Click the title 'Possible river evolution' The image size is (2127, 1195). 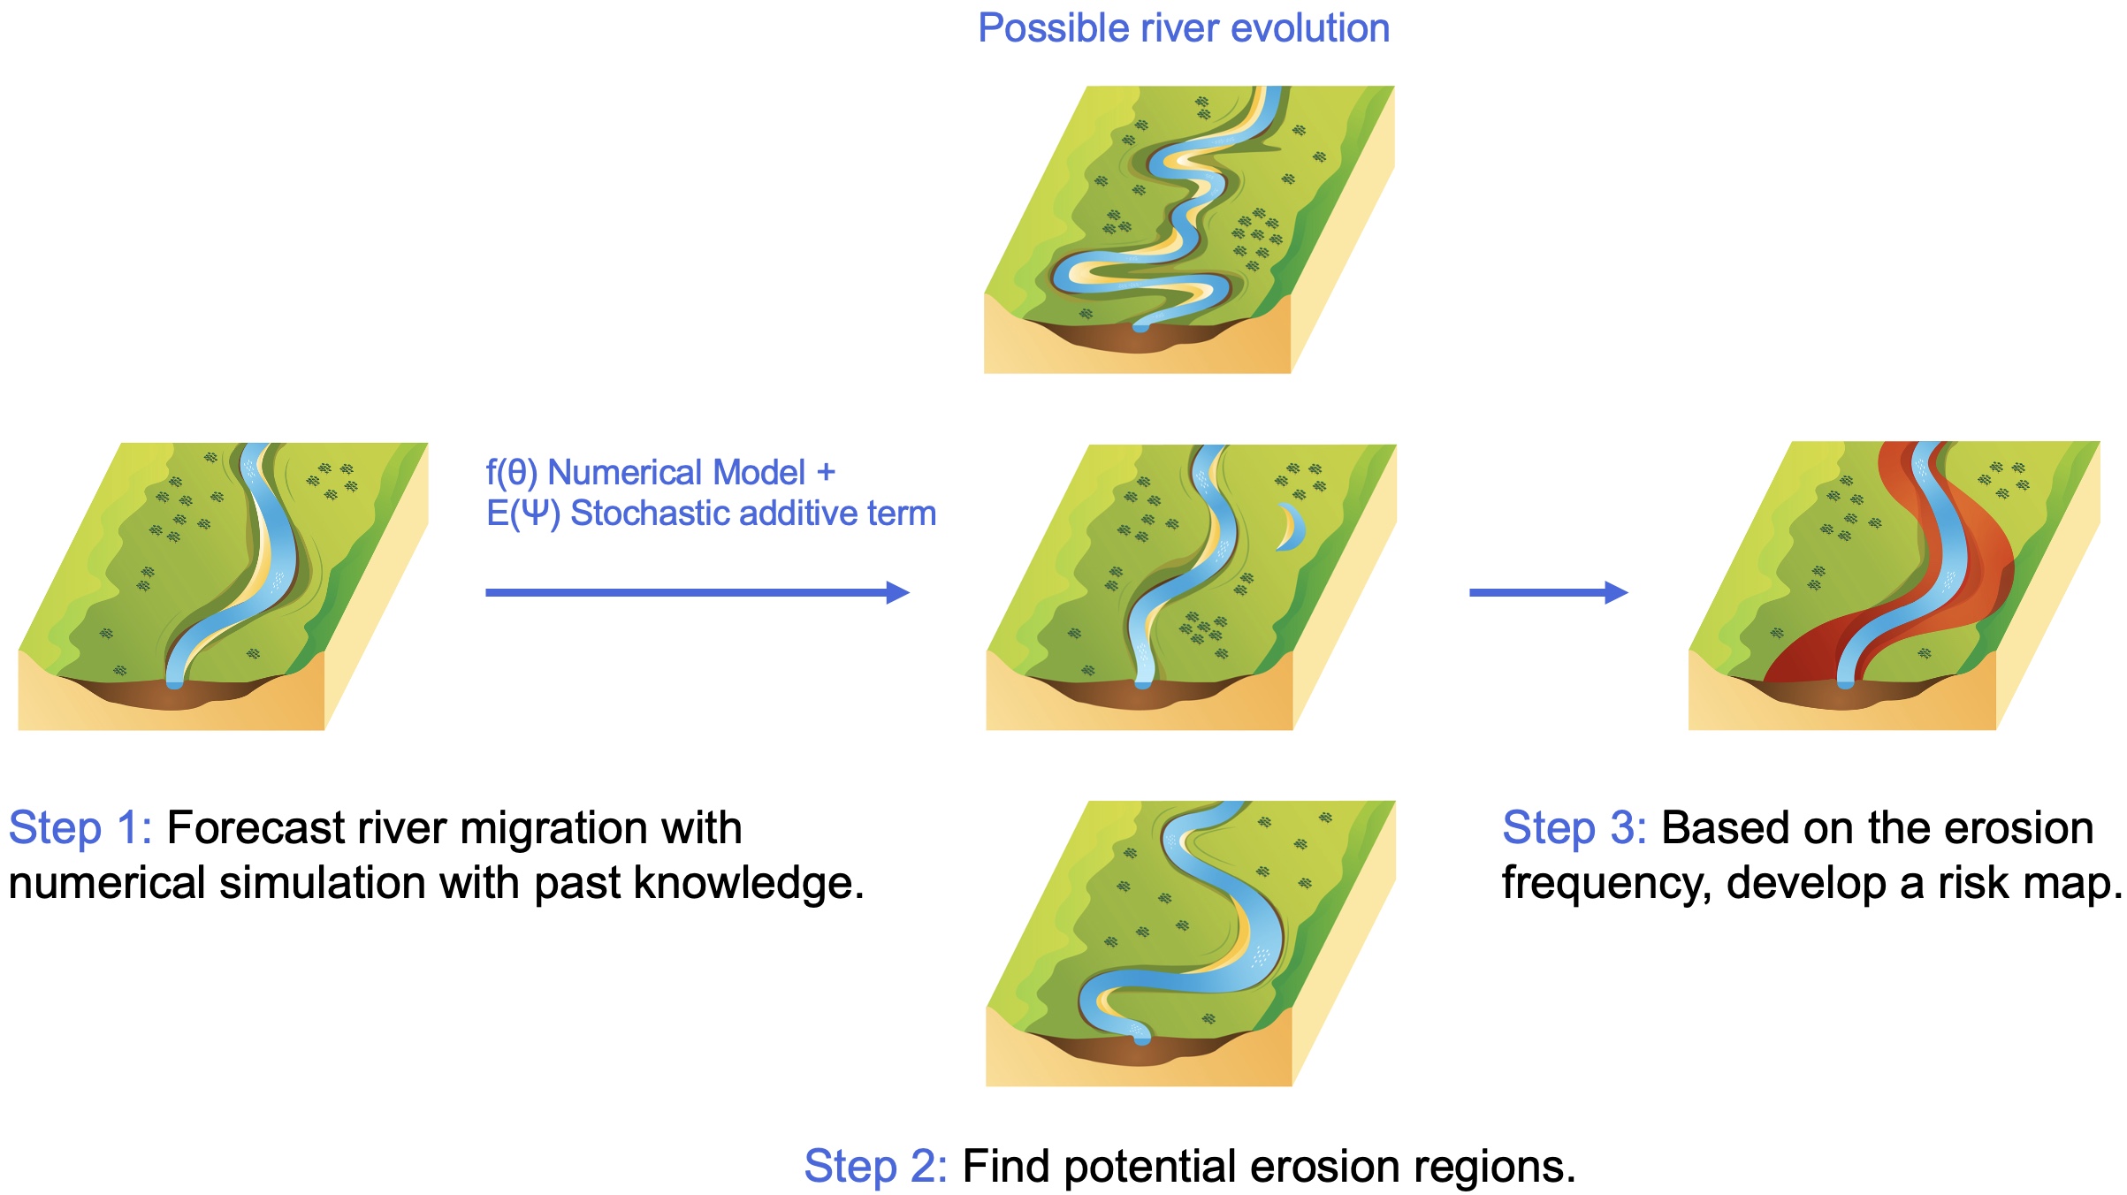click(x=1183, y=28)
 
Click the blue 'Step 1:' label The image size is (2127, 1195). click(x=80, y=829)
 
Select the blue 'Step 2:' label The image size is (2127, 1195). click(x=875, y=1167)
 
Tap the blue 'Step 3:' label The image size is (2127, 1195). click(x=1574, y=829)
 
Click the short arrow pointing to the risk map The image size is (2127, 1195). click(x=1547, y=592)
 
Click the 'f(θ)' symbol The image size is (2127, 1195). click(x=512, y=473)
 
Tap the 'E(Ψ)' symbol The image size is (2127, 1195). click(x=522, y=514)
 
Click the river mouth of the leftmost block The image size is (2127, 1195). click(x=175, y=681)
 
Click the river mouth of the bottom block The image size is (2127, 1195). click(x=1141, y=1038)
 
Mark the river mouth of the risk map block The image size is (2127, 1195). click(x=1846, y=681)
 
